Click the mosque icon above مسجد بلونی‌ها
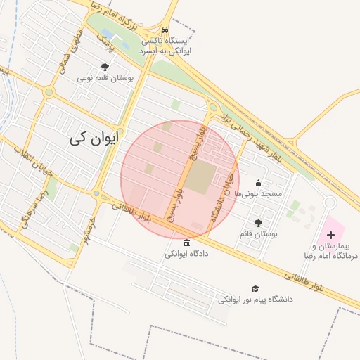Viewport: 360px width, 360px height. [x=258, y=183]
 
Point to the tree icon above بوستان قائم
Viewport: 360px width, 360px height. [x=258, y=223]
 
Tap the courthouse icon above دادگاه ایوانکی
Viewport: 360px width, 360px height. [x=186, y=243]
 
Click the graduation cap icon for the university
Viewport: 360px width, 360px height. [x=255, y=288]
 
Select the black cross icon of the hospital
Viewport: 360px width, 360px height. [x=331, y=243]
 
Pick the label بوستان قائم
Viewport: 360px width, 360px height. [x=259, y=233]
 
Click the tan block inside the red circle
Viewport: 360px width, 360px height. [x=200, y=178]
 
